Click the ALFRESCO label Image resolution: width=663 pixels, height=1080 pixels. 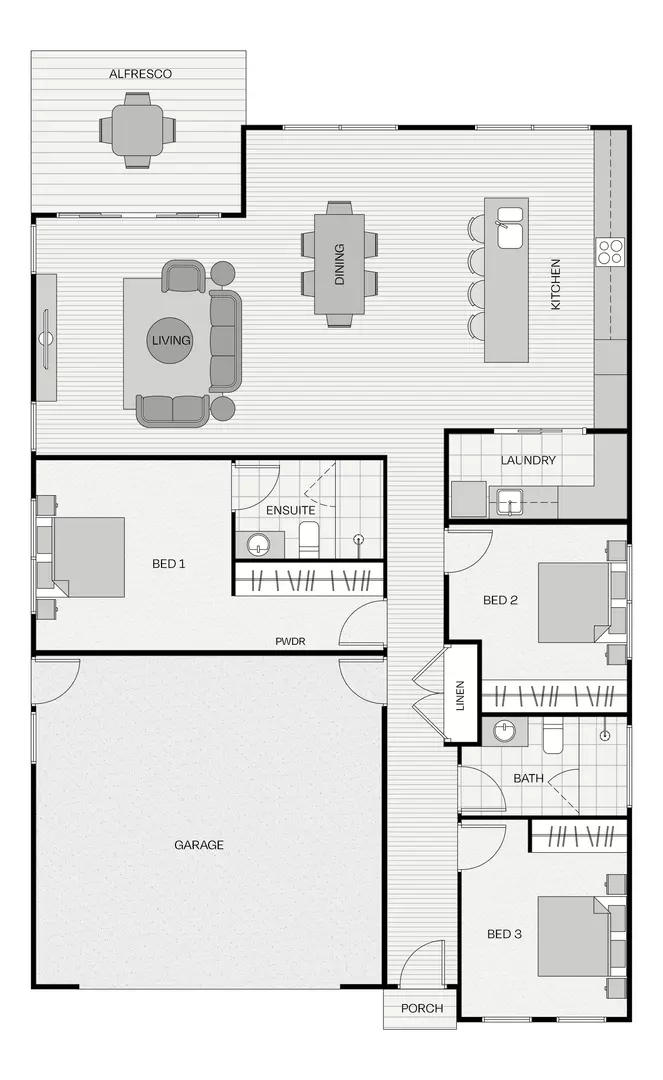[x=140, y=74]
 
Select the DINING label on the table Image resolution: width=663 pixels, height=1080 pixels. [x=339, y=264]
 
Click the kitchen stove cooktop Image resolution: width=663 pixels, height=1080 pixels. [x=609, y=252]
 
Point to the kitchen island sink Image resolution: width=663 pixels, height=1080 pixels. [x=509, y=227]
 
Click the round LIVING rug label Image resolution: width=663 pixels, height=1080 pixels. [x=171, y=340]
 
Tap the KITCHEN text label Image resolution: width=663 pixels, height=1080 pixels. [x=556, y=284]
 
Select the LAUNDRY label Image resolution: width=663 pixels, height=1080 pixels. [x=528, y=460]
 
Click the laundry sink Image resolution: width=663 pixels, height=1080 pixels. [x=509, y=501]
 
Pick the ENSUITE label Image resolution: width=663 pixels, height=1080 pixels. [x=291, y=510]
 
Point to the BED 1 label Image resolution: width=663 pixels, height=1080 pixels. [x=169, y=563]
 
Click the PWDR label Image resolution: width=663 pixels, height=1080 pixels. [x=291, y=641]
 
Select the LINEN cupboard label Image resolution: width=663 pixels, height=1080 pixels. [x=460, y=695]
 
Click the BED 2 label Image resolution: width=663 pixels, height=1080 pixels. [x=501, y=600]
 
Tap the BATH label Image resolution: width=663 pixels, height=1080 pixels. [x=529, y=778]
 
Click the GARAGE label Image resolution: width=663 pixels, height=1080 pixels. [x=199, y=844]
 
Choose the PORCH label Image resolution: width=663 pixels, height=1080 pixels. [x=422, y=1008]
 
